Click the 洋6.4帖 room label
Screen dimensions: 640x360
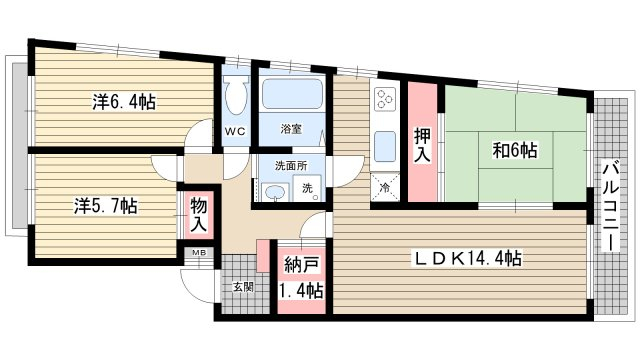[x=124, y=102]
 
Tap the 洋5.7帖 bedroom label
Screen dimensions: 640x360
[x=106, y=206]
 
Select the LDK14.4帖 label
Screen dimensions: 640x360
[x=468, y=258]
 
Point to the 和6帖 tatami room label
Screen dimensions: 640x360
[x=515, y=150]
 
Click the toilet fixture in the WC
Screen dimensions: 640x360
[x=236, y=93]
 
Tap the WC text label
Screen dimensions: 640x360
[x=236, y=131]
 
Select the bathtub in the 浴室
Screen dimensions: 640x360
[x=292, y=94]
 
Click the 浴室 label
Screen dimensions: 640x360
[x=291, y=129]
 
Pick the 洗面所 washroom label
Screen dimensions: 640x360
[x=291, y=166]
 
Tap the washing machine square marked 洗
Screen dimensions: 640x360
[x=308, y=188]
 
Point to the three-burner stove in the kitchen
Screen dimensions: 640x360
[x=385, y=99]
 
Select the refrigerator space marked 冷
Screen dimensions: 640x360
[x=385, y=187]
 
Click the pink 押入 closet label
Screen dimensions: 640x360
[x=422, y=145]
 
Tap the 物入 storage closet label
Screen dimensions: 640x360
[x=199, y=215]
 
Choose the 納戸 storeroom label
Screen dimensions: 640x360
[x=301, y=265]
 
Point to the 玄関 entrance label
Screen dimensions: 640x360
[x=243, y=287]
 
